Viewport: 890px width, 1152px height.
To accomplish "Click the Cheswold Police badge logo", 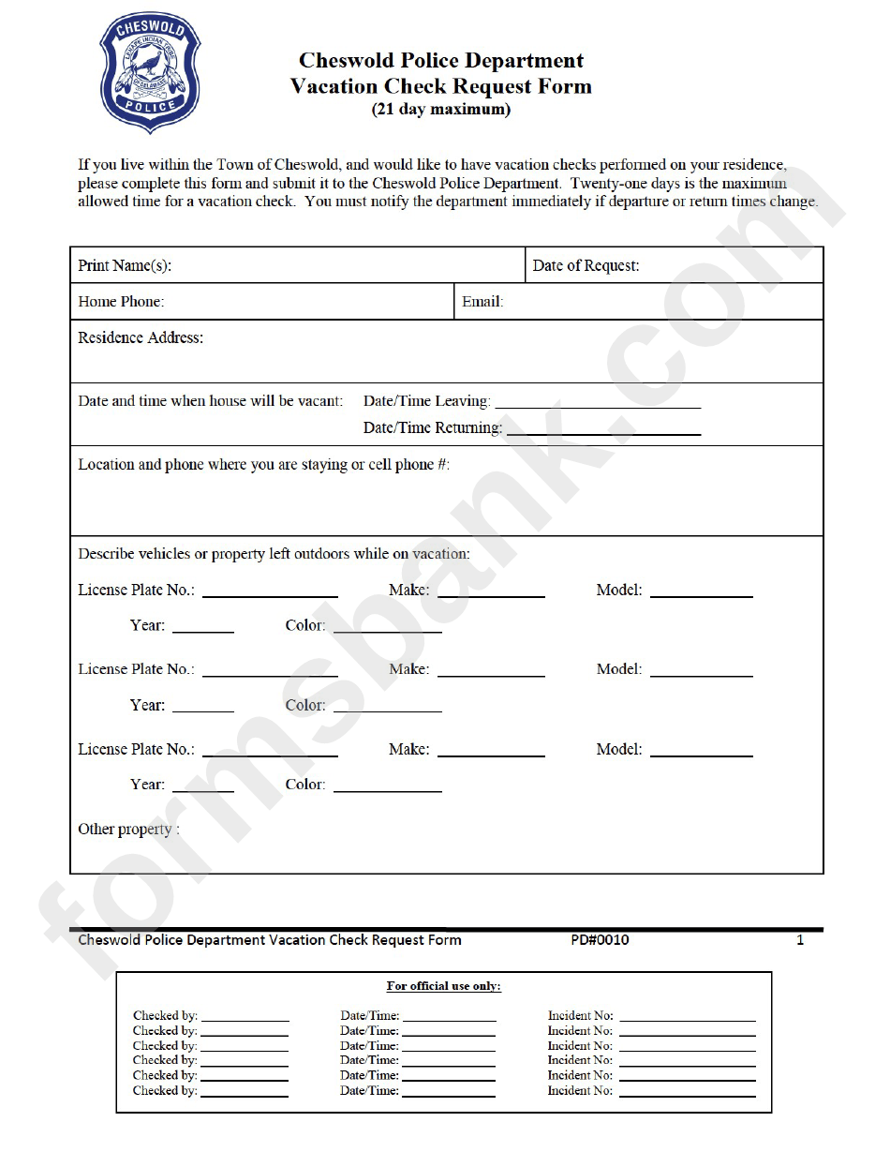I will (150, 73).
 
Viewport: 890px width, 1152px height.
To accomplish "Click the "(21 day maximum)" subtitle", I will (441, 110).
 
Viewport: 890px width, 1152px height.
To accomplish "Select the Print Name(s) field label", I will (125, 266).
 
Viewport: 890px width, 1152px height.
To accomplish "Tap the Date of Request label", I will (586, 266).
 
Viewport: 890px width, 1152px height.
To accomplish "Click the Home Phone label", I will (121, 302).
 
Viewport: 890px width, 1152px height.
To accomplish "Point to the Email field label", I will (482, 302).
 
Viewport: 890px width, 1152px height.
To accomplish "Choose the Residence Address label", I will (141, 338).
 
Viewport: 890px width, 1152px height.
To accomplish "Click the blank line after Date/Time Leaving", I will (597, 405).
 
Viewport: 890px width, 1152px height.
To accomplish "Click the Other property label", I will (128, 830).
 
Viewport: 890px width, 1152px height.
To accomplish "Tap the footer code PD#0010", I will (600, 940).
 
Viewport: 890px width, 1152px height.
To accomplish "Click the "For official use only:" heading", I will (443, 986).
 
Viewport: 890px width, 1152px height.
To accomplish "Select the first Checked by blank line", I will (245, 1018).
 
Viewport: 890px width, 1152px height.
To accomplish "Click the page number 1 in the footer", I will (800, 940).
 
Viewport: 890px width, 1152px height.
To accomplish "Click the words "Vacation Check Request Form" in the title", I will (441, 86).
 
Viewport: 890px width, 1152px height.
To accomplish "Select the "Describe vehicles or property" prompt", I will (274, 554).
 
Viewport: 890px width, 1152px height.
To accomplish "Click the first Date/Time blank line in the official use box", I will (449, 1018).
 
